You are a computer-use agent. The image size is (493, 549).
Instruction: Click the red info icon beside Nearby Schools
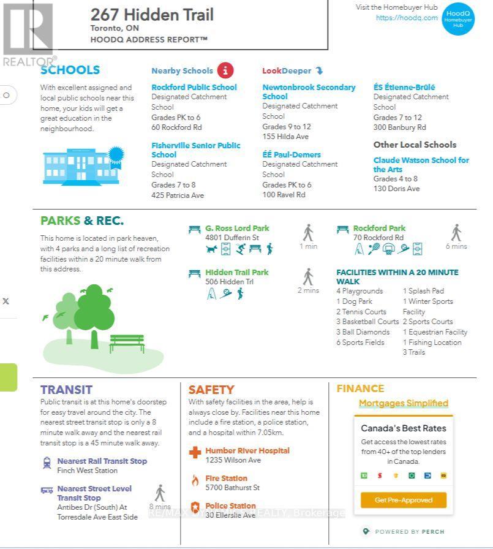225,70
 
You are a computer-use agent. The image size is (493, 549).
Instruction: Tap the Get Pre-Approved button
404,500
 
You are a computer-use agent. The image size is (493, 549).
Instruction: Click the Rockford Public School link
194,88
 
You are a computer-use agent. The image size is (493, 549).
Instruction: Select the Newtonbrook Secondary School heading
309,92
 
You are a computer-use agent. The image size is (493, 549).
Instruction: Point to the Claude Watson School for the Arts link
421,164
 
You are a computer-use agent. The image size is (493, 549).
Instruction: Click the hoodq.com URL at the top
407,18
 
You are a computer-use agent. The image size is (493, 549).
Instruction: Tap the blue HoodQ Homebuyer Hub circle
458,18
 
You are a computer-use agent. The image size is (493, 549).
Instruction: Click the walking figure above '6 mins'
456,233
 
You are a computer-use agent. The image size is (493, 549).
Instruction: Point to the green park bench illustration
127,343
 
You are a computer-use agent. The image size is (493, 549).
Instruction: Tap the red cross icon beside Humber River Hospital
195,453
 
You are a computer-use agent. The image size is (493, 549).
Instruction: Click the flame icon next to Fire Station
195,480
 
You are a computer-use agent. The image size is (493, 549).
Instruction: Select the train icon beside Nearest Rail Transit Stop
47,463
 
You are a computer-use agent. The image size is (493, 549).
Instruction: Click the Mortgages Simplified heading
404,403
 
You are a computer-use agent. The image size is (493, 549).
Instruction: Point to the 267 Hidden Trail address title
152,15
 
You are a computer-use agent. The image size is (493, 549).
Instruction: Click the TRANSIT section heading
66,390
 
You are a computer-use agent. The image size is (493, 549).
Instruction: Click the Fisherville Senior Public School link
196,150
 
